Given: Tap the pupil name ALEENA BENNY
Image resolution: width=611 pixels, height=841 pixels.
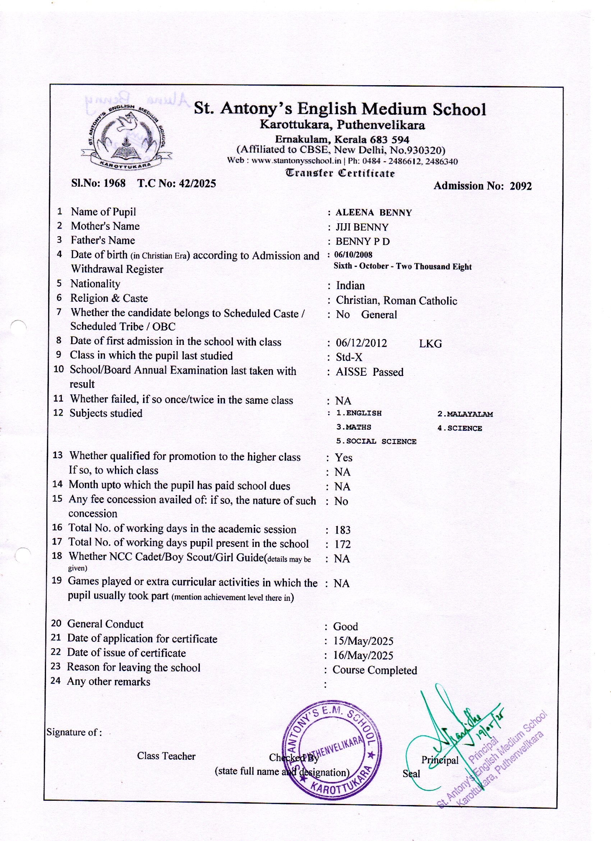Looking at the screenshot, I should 373,213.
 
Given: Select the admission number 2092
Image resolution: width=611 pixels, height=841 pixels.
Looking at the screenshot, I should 520,186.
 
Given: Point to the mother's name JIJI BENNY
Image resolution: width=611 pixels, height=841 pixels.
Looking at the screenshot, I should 362,227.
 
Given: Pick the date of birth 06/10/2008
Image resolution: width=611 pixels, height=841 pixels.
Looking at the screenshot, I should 353,255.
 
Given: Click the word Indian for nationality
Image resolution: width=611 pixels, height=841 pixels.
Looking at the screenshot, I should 350,285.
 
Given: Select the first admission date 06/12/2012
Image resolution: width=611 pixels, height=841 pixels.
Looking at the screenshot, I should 361,343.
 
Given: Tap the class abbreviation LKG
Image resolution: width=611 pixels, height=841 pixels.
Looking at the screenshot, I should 430,344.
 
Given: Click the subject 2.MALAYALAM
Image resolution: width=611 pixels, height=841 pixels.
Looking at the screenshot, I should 465,414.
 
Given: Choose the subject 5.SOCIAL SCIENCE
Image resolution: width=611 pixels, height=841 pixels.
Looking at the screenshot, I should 376,442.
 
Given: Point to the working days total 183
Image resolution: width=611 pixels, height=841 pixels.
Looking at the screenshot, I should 342,530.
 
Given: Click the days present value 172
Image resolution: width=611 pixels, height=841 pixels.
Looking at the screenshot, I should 342,544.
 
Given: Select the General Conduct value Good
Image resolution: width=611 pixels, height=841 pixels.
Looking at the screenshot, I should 345,627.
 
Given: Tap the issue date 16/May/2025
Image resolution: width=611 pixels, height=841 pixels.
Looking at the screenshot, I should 363,655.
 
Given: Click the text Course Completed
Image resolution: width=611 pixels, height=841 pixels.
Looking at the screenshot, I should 375,670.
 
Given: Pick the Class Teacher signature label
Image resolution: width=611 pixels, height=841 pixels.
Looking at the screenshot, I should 166,756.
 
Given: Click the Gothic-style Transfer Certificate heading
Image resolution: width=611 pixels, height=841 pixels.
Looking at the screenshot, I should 340,173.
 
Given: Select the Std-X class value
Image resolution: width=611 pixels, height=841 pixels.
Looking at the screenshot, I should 349,357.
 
